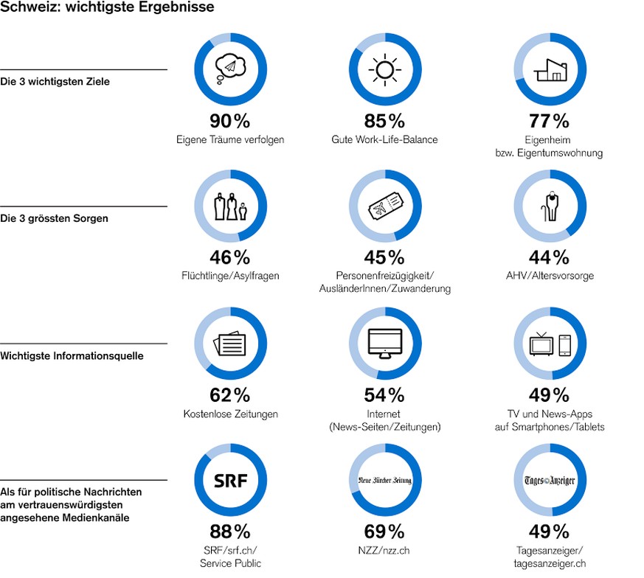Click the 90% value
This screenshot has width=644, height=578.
230,121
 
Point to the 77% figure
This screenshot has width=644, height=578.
550,121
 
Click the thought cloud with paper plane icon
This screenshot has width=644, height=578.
230,69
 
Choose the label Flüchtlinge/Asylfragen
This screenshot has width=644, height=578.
230,276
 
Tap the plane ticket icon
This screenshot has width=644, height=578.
384,206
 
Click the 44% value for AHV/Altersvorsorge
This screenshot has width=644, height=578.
550,257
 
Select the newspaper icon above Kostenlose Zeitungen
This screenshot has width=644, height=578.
229,344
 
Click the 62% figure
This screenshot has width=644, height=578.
230,394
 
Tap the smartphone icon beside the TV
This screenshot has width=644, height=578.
565,344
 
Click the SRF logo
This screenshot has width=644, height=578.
230,481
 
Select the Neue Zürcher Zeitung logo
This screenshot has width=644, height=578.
384,481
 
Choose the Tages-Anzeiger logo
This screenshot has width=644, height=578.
550,481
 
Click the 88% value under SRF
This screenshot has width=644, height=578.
230,531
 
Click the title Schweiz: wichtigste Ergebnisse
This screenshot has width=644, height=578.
108,8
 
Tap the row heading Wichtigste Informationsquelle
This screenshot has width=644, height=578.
72,356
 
